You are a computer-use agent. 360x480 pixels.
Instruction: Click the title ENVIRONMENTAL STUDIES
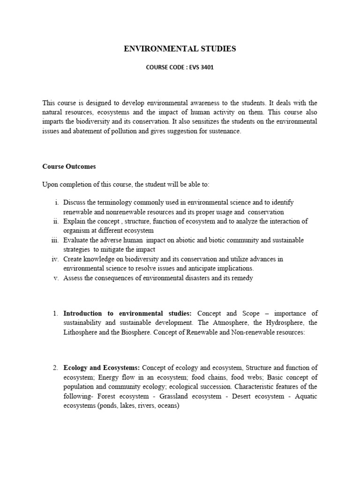pyautogui.click(x=180, y=49)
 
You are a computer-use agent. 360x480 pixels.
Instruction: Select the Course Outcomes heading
pyautogui.click(x=69, y=166)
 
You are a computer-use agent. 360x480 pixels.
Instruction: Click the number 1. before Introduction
pyautogui.click(x=55, y=313)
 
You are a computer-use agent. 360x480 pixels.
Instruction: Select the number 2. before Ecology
pyautogui.click(x=55, y=368)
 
